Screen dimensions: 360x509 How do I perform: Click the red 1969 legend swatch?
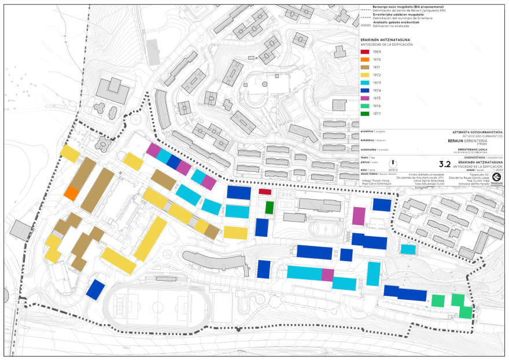(365, 52)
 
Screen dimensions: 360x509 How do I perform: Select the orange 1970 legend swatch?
(365, 60)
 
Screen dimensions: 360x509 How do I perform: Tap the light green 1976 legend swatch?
(365, 105)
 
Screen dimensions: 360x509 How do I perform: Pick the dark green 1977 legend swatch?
(365, 113)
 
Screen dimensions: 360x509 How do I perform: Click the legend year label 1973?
(377, 83)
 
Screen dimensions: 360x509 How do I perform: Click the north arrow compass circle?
(393, 164)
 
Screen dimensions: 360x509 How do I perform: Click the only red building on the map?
(265, 192)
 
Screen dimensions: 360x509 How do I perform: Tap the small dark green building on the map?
(269, 207)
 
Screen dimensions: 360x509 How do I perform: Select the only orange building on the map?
(72, 193)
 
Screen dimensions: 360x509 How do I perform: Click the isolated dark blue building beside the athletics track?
(95, 289)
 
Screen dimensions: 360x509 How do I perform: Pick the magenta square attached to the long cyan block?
(328, 275)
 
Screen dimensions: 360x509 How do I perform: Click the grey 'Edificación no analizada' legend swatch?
(365, 25)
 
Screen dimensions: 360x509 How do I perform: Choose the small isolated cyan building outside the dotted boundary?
(408, 249)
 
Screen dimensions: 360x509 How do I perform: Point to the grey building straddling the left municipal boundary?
(21, 230)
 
